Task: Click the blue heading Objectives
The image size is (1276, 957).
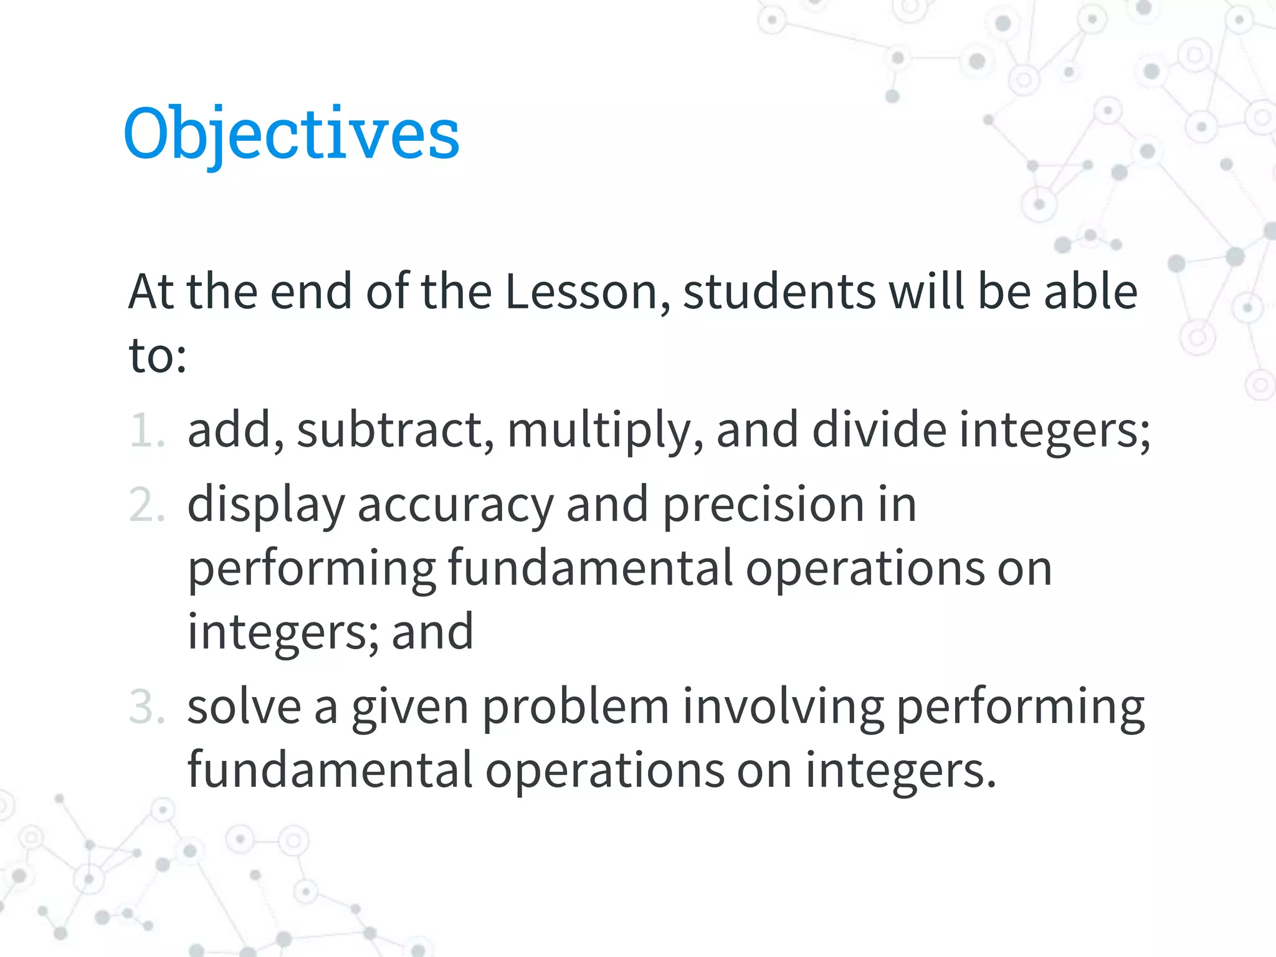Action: [292, 133]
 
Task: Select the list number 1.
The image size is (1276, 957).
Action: [147, 430]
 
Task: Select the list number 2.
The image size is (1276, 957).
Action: [147, 505]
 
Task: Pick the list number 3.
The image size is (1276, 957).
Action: [147, 707]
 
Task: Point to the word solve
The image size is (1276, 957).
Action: [244, 707]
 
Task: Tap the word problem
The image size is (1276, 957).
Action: [576, 708]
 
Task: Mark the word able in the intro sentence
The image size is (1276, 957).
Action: [1090, 292]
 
